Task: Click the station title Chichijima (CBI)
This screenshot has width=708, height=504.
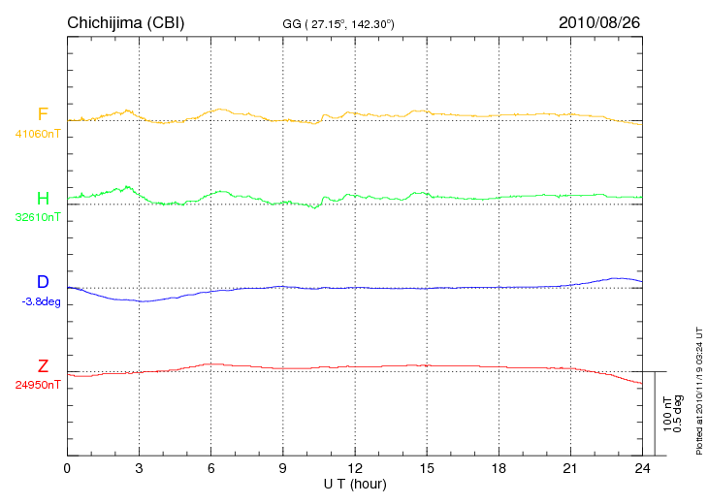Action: [x=125, y=22]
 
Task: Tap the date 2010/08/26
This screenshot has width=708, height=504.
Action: [x=599, y=22]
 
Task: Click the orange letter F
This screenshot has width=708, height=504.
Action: [x=43, y=114]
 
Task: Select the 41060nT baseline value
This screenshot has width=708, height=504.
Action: [x=37, y=134]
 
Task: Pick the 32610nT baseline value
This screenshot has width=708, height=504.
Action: [x=37, y=217]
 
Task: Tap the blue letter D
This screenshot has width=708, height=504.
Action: [x=43, y=282]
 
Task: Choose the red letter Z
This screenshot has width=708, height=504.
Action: [x=43, y=366]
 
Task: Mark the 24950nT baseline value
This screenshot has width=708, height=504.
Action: [x=37, y=385]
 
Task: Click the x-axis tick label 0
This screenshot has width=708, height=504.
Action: [x=67, y=468]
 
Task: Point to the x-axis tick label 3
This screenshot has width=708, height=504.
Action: [x=140, y=468]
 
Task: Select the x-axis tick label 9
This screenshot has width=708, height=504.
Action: [x=283, y=468]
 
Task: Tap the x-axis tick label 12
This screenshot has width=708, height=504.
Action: [x=355, y=468]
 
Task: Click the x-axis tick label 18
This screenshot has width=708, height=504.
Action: [x=499, y=468]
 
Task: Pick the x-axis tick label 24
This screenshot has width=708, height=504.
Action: [x=642, y=468]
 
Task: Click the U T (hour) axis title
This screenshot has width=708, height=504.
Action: [x=355, y=483]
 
